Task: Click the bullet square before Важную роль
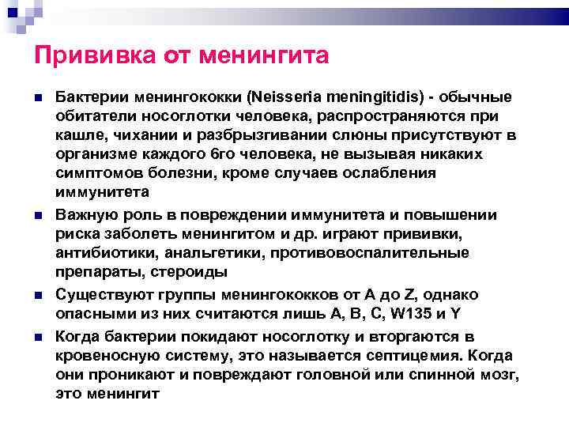tap(37, 216)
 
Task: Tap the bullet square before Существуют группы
tap(37, 295)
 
